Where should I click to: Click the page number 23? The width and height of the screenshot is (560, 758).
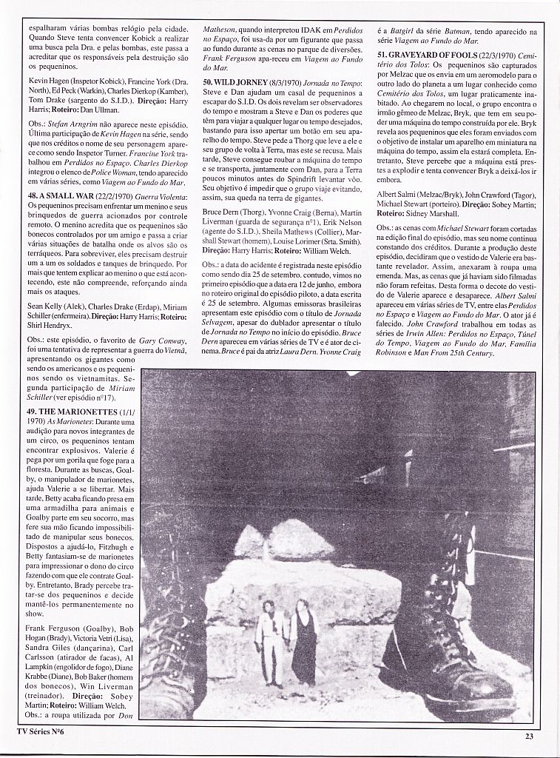pos(529,735)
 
